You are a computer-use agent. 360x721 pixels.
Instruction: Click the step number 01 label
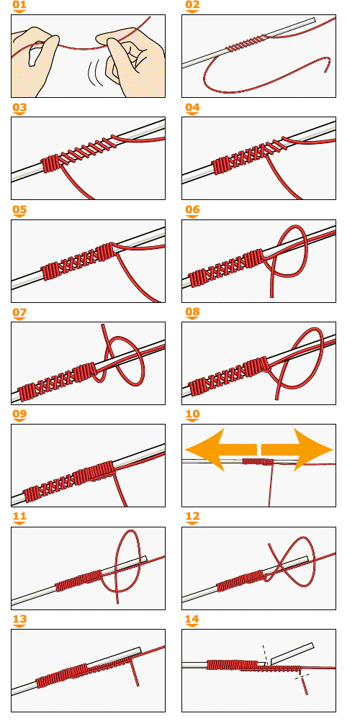(x=19, y=6)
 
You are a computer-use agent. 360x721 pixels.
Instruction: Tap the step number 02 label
(x=192, y=6)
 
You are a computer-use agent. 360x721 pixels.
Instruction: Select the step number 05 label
(x=19, y=211)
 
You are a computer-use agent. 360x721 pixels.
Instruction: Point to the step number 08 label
(x=192, y=313)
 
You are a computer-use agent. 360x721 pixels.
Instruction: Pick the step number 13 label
(x=19, y=620)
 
